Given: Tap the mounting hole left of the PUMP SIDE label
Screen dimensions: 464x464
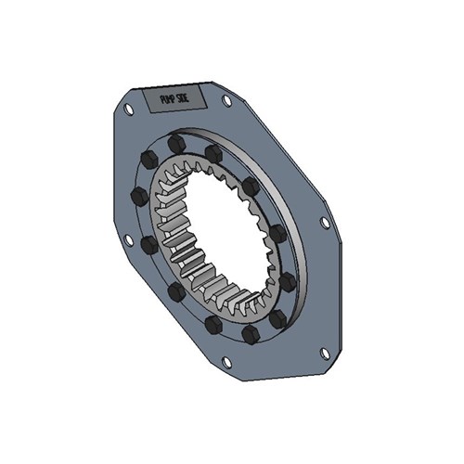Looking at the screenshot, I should [x=128, y=109].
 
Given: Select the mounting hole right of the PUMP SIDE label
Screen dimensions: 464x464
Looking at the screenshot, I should [x=226, y=100].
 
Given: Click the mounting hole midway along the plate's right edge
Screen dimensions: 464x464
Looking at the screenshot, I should [x=324, y=223].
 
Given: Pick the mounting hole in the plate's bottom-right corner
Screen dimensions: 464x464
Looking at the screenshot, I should [x=324, y=353].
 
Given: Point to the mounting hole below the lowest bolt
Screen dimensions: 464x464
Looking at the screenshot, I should [x=226, y=361].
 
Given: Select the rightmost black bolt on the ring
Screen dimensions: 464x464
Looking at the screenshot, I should [x=288, y=279].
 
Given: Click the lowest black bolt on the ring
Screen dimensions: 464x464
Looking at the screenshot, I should [x=249, y=333].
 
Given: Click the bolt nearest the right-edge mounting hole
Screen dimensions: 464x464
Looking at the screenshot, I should [x=277, y=232].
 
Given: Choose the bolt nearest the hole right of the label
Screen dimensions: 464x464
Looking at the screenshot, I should [x=213, y=151].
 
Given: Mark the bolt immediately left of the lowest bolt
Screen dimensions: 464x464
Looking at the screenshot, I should [x=213, y=324].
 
